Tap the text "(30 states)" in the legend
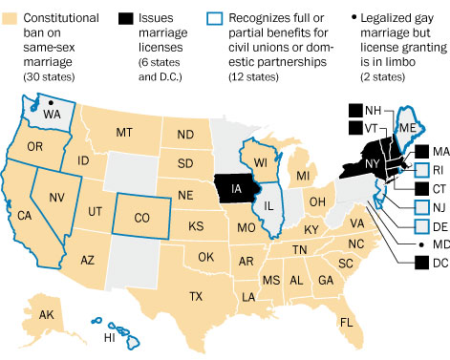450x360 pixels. tap(43, 60)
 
